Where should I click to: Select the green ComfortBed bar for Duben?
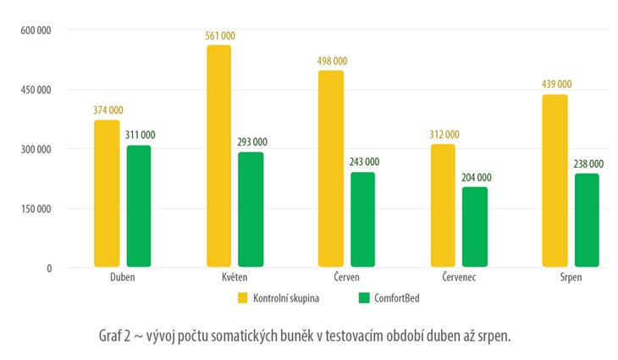tap(139, 207)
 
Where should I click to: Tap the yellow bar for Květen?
tap(218, 157)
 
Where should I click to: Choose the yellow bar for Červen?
tap(330, 169)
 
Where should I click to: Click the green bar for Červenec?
tap(475, 227)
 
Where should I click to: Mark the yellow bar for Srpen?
tap(554, 181)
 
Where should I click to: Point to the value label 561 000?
tap(218, 36)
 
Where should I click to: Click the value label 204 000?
tap(475, 177)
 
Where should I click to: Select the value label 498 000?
tap(330, 61)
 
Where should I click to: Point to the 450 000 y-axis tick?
tap(36, 90)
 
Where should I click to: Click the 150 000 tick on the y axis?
tap(36, 209)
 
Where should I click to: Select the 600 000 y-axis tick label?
tap(36, 30)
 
